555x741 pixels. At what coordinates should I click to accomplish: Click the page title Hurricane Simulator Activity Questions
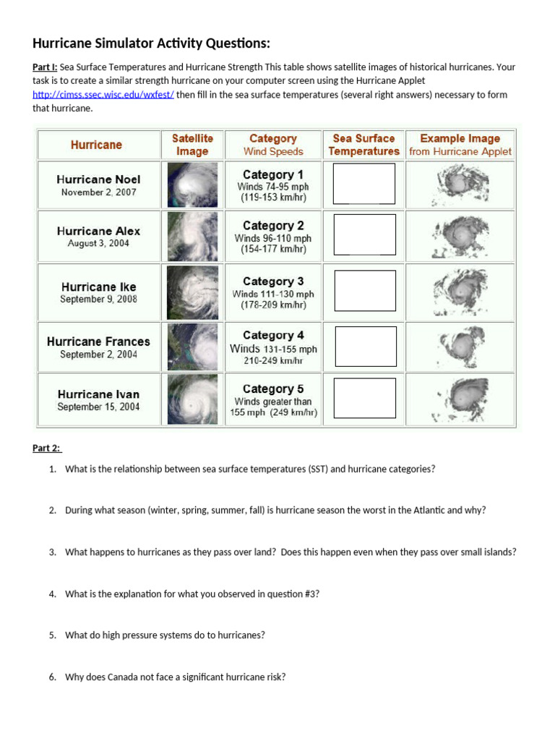pyautogui.click(x=151, y=42)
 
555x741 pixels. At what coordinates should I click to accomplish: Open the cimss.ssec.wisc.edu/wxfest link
pyautogui.click(x=103, y=95)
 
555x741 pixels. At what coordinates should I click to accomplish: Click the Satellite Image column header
pyautogui.click(x=192, y=145)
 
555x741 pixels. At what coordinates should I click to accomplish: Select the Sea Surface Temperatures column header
pyautogui.click(x=363, y=145)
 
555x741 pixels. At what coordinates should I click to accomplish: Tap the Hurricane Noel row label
pyautogui.click(x=98, y=179)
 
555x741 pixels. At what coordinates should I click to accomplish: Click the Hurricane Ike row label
pyautogui.click(x=98, y=287)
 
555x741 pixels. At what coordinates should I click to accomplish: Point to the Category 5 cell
pyautogui.click(x=273, y=389)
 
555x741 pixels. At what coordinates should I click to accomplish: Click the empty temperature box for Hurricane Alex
pyautogui.click(x=364, y=234)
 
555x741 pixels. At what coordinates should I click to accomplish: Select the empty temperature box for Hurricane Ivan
pyautogui.click(x=365, y=398)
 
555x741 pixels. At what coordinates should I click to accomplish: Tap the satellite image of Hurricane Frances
pyautogui.click(x=192, y=347)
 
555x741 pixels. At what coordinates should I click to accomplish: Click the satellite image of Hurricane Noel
pyautogui.click(x=192, y=185)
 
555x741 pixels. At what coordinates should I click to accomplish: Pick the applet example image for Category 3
pyautogui.click(x=460, y=292)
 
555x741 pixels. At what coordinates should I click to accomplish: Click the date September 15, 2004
pyautogui.click(x=98, y=407)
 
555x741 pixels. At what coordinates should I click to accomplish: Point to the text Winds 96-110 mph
pyautogui.click(x=273, y=238)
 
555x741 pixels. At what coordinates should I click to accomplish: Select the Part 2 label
pyautogui.click(x=47, y=448)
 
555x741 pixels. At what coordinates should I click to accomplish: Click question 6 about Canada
pyautogui.click(x=175, y=677)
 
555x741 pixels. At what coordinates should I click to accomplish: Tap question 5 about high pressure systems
pyautogui.click(x=165, y=635)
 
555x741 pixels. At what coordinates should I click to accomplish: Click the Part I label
pyautogui.click(x=45, y=67)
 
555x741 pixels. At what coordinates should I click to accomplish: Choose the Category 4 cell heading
pyautogui.click(x=273, y=336)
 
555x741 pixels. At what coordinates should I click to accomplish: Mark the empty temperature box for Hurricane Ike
pyautogui.click(x=365, y=291)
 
